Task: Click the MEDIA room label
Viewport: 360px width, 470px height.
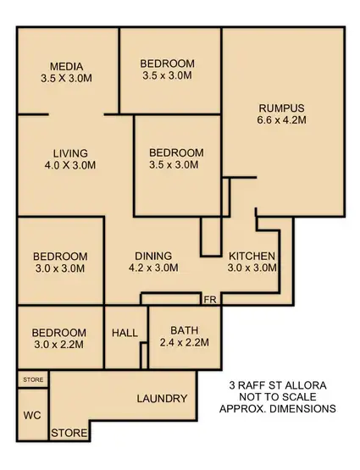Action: [x=64, y=65]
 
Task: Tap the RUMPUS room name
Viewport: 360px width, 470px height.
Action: [x=281, y=108]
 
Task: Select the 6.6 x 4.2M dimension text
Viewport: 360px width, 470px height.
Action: [x=281, y=120]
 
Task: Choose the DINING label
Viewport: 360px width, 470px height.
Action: [x=153, y=256]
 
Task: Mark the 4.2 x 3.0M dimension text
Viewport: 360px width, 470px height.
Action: [x=153, y=268]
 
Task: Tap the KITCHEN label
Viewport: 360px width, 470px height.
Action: [x=252, y=256]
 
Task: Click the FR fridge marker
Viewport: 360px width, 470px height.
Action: [x=209, y=299]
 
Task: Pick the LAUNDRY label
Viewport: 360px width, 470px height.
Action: [x=161, y=398]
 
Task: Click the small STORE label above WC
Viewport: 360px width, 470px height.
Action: [x=33, y=379]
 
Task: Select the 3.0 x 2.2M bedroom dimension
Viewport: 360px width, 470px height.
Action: [x=59, y=346]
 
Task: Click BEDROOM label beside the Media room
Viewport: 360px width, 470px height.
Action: [x=167, y=64]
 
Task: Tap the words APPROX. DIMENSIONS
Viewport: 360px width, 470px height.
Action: [x=278, y=408]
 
